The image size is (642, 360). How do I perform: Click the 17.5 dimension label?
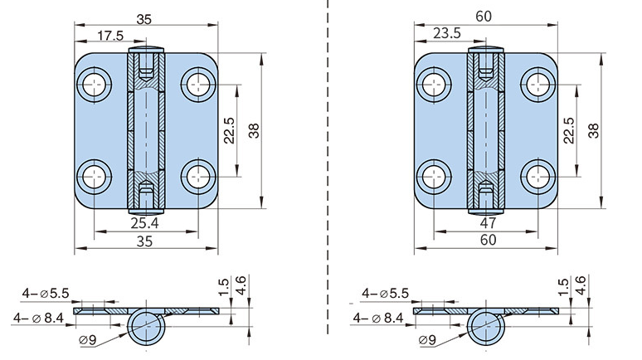click(x=111, y=36)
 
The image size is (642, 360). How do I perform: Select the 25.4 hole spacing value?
click(x=144, y=223)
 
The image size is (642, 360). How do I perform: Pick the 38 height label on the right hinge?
click(x=593, y=129)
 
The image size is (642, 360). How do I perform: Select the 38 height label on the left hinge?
click(x=254, y=129)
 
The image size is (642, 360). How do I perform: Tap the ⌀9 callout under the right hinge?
click(x=428, y=339)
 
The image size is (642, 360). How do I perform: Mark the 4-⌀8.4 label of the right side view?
click(x=378, y=317)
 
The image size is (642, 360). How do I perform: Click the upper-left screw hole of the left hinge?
click(x=95, y=83)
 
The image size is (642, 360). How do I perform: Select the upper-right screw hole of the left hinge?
click(x=197, y=83)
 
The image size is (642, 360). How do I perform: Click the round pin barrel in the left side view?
click(x=147, y=324)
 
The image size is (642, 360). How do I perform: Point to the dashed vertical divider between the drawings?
click(x=329, y=166)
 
